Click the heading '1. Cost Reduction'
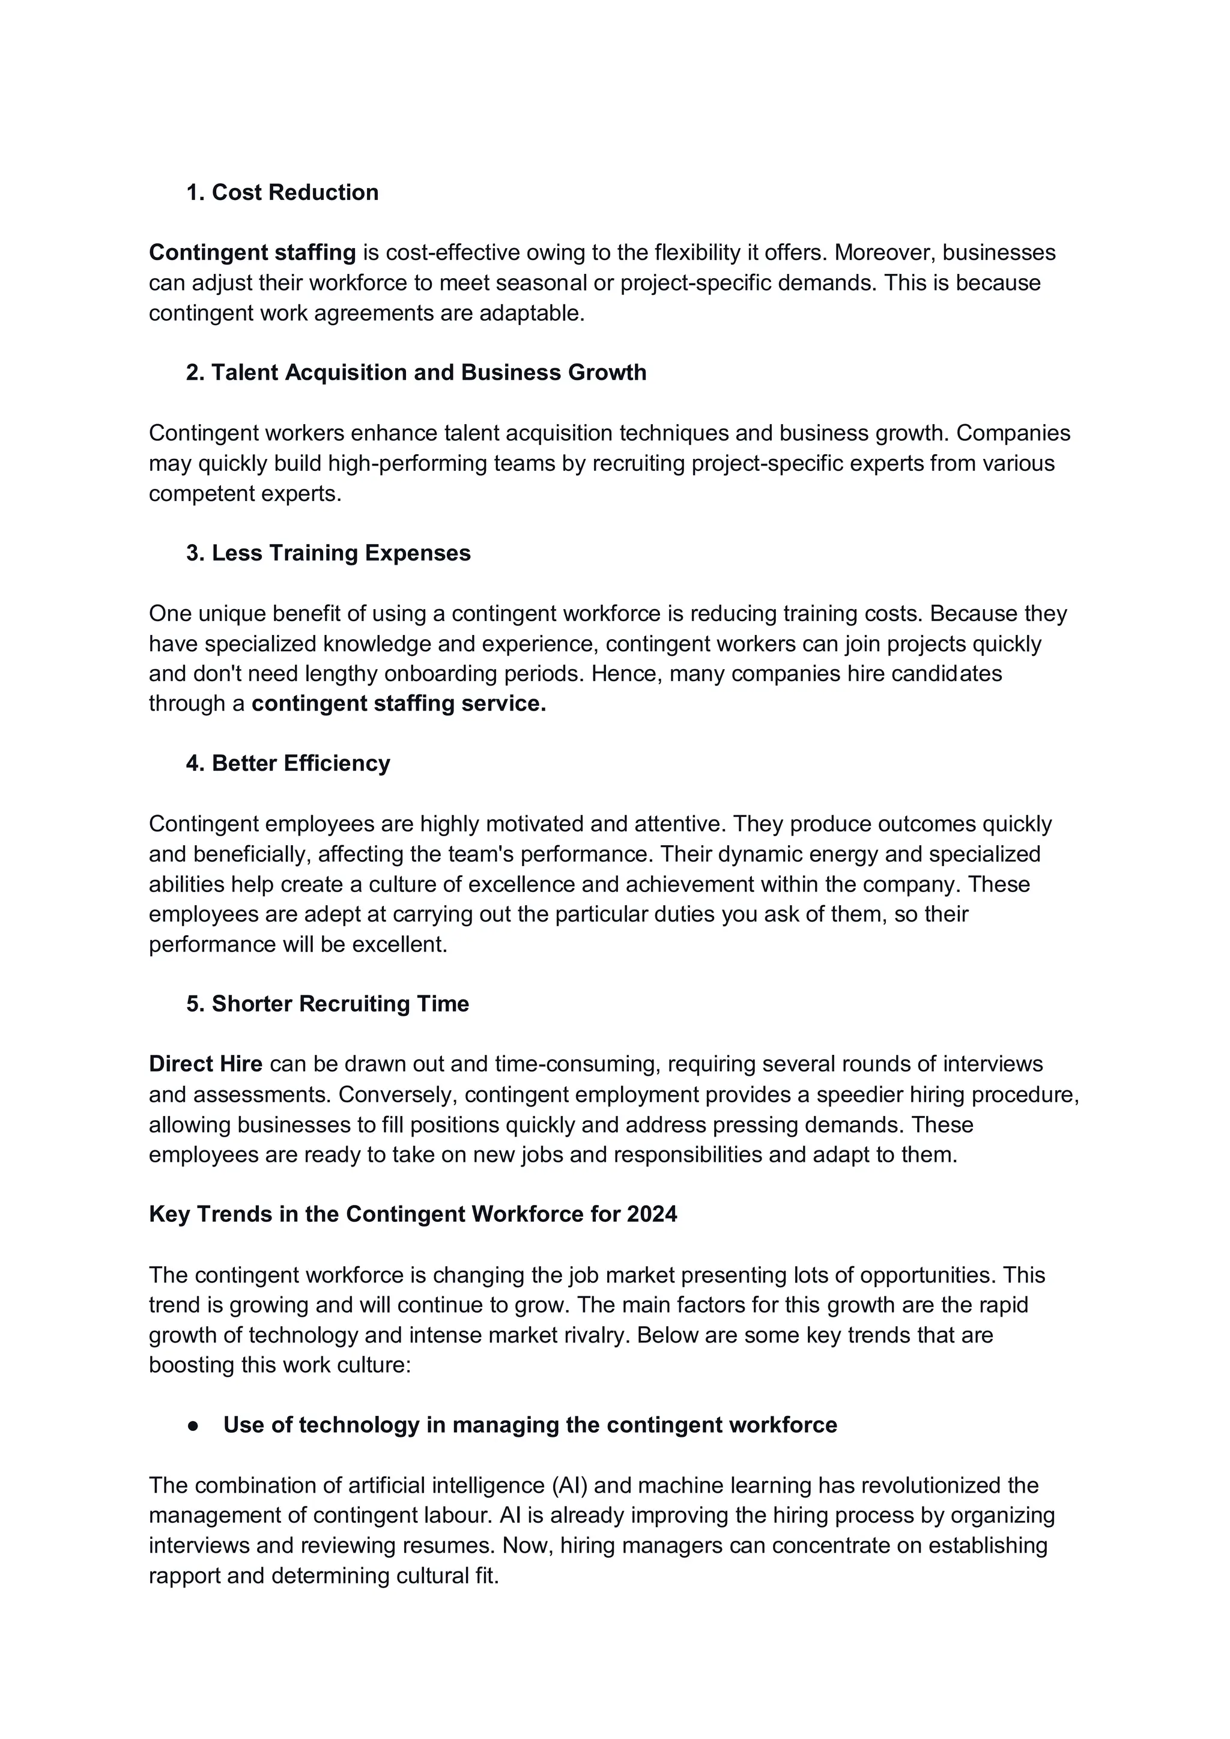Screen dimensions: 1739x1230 [x=282, y=192]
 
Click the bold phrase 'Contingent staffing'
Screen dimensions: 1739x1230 [x=252, y=252]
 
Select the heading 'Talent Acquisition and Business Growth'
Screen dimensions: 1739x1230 [x=429, y=372]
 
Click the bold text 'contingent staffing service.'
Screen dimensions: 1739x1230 [x=398, y=703]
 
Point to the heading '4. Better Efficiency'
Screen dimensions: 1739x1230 [x=288, y=763]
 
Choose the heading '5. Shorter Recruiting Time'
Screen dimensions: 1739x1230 [x=327, y=1004]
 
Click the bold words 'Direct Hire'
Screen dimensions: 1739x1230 [x=205, y=1064]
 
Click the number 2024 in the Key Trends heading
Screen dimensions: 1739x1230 [x=652, y=1215]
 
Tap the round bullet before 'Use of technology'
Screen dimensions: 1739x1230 [x=193, y=1425]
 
